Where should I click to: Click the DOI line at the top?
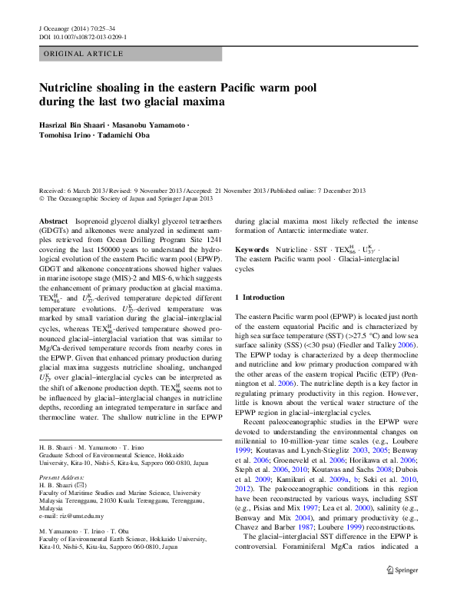83,36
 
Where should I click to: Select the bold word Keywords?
251,251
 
